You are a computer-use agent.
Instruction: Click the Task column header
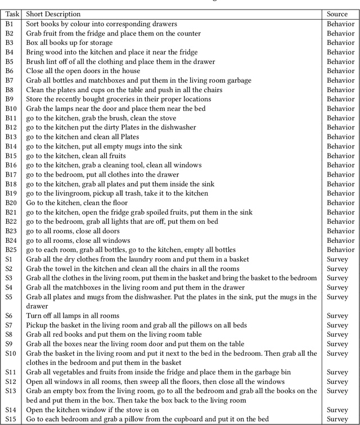(12, 14)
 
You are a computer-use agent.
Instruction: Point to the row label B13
(11, 137)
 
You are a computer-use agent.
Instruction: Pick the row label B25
(11, 250)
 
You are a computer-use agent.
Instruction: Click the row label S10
(11, 353)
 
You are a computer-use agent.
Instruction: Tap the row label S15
(11, 419)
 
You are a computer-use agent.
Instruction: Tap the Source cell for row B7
(340, 80)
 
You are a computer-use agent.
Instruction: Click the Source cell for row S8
(337, 334)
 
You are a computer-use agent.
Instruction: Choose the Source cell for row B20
(340, 202)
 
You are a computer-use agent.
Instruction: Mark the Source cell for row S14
(337, 410)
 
